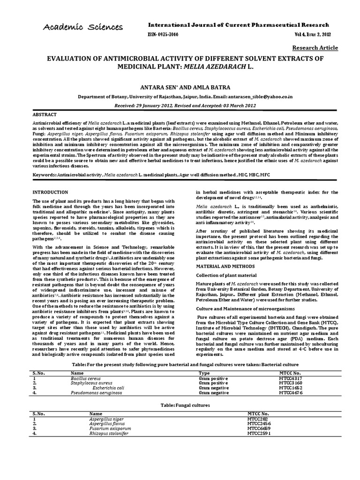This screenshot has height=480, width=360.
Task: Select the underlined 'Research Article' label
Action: (x=315, y=48)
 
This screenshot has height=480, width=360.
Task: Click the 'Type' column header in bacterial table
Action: (x=204, y=373)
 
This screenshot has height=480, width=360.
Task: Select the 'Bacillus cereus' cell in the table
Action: (x=86, y=378)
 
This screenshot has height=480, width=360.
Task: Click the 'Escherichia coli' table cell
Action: (x=108, y=388)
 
